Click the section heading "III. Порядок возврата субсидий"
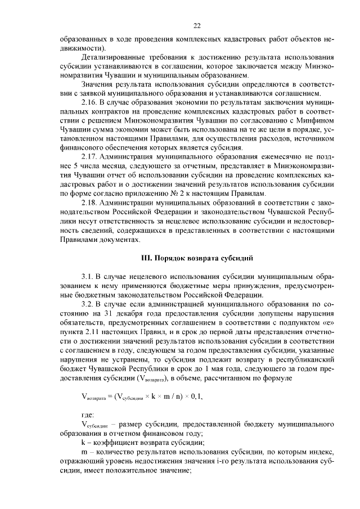(197, 258)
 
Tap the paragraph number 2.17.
(89, 156)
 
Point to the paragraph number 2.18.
(89, 201)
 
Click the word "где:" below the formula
(88, 416)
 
